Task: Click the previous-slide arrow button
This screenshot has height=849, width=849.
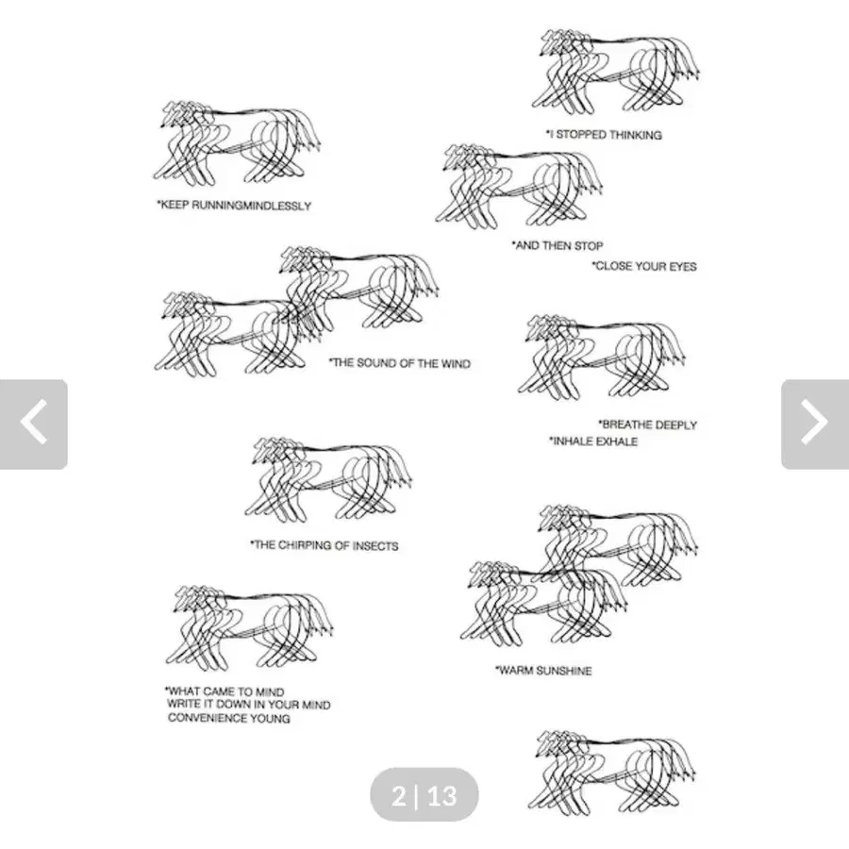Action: (x=34, y=424)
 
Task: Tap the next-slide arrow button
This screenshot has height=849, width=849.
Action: (x=815, y=424)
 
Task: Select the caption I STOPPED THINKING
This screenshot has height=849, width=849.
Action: (x=604, y=134)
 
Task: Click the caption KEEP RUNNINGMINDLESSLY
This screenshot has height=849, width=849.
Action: (x=234, y=206)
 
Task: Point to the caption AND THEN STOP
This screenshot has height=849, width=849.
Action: (x=558, y=246)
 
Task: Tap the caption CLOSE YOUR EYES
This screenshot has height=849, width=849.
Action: (x=643, y=266)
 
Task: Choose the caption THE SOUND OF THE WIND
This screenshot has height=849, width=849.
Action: (x=400, y=363)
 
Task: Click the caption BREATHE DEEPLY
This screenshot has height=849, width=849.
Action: (x=647, y=424)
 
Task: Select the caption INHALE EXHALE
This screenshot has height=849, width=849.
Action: (x=593, y=441)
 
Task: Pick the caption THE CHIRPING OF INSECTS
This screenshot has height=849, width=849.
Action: (x=324, y=545)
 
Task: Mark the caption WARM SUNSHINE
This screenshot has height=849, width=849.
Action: (x=543, y=671)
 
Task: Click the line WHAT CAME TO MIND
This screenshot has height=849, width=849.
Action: (x=225, y=691)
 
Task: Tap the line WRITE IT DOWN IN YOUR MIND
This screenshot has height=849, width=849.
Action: (x=248, y=705)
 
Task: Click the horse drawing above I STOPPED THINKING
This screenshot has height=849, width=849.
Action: (x=616, y=72)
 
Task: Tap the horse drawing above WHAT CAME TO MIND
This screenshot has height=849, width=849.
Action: (x=250, y=628)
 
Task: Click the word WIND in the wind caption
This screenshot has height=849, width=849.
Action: (x=457, y=363)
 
